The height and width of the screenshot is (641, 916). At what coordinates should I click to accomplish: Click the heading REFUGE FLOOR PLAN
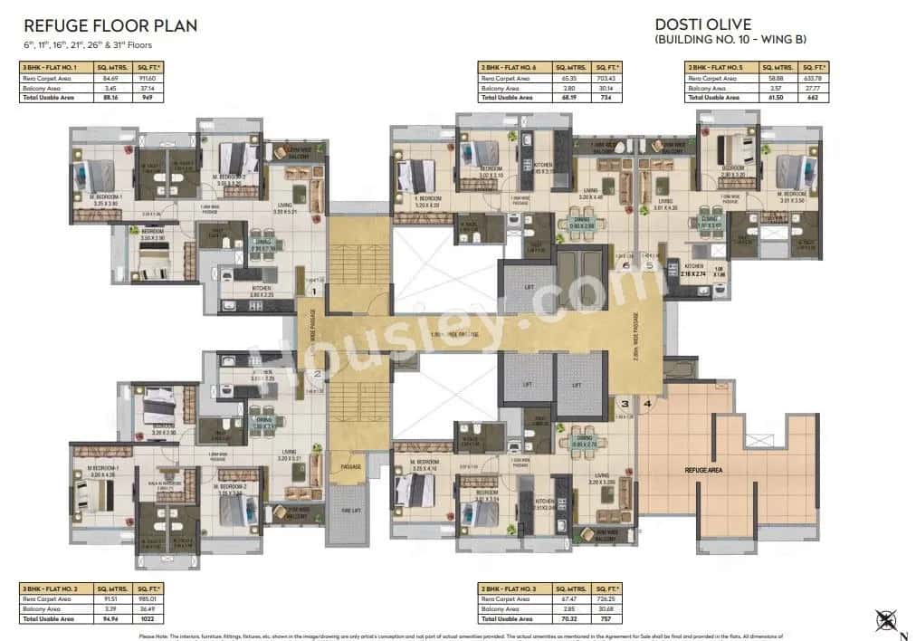click(110, 26)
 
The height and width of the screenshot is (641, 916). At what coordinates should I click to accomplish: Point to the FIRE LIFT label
click(348, 510)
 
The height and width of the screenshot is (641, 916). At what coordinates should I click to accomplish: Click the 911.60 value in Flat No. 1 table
click(148, 79)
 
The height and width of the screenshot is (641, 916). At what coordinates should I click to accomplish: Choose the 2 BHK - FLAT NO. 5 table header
click(720, 67)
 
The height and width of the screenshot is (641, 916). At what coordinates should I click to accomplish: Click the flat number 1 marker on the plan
click(312, 291)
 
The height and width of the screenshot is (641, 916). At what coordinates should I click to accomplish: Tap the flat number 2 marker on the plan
click(317, 372)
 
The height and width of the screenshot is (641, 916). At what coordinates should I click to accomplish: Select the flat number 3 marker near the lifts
click(623, 403)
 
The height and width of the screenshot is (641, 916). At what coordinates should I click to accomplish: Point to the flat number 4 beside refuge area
click(646, 403)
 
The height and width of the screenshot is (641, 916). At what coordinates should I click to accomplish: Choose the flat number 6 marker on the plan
click(625, 265)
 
